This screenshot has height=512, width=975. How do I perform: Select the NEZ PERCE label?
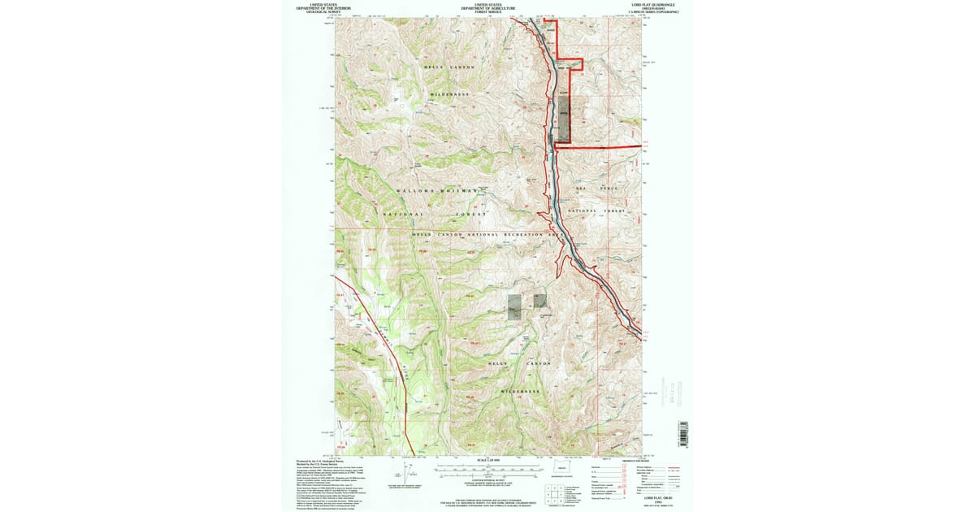[x=597, y=188]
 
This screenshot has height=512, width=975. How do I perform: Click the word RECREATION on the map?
[x=522, y=234]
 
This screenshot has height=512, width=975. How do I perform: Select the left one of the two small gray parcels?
[x=513, y=306]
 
